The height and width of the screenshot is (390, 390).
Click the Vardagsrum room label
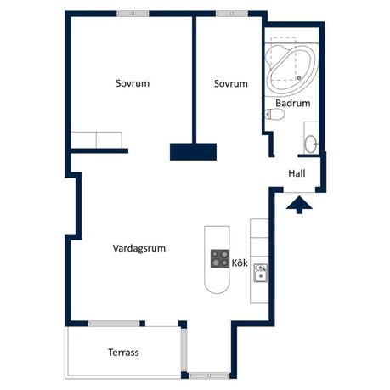tap(138, 249)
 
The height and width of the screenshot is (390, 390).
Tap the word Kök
tap(240, 263)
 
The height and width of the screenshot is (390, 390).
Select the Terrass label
tap(123, 352)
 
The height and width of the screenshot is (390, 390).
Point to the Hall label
tap(297, 173)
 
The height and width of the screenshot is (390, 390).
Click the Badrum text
tap(292, 103)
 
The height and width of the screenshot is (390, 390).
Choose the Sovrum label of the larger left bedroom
tap(133, 83)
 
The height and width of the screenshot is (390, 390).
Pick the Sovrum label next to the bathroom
tap(230, 83)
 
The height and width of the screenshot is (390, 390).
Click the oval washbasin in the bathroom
tap(311, 142)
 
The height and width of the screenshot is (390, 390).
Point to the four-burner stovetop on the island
tap(219, 258)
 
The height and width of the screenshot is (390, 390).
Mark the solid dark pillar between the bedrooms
tap(194, 151)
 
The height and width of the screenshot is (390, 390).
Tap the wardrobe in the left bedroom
tap(98, 141)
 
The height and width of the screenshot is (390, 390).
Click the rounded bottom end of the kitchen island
tap(217, 285)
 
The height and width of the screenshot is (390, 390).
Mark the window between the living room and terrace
tap(118, 323)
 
